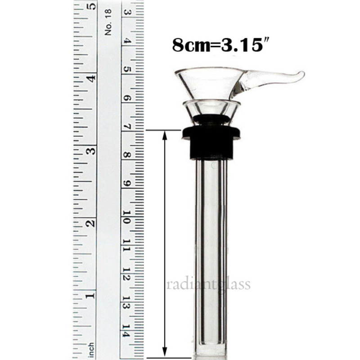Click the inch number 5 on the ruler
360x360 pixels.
[x=92, y=7]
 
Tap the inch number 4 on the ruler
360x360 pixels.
[x=92, y=78]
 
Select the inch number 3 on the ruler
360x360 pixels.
[x=92, y=150]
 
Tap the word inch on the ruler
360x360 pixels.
[x=91, y=348]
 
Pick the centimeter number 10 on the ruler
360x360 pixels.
[x=127, y=217]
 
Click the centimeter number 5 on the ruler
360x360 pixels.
[x=127, y=70]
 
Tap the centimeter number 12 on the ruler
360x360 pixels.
[x=127, y=274]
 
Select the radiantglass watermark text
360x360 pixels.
[x=208, y=284]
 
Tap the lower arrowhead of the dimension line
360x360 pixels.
[x=165, y=351]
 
